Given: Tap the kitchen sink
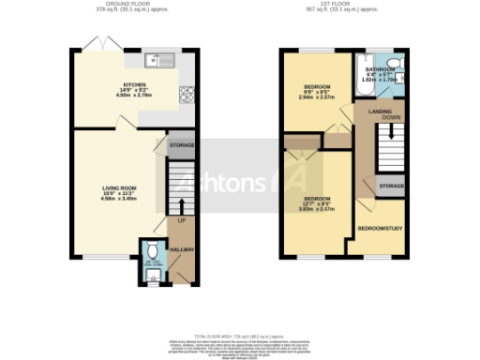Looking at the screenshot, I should tap(159, 61).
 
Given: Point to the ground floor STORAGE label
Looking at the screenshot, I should tap(182, 146).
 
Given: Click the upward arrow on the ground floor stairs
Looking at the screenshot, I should tap(181, 204).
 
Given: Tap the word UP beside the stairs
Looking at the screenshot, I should tap(181, 220).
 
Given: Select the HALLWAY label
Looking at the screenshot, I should tap(182, 249).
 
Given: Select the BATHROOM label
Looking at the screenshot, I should tap(381, 68).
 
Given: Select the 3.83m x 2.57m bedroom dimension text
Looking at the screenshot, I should tap(318, 209).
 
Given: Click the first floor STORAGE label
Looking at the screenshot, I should tap(391, 187).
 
